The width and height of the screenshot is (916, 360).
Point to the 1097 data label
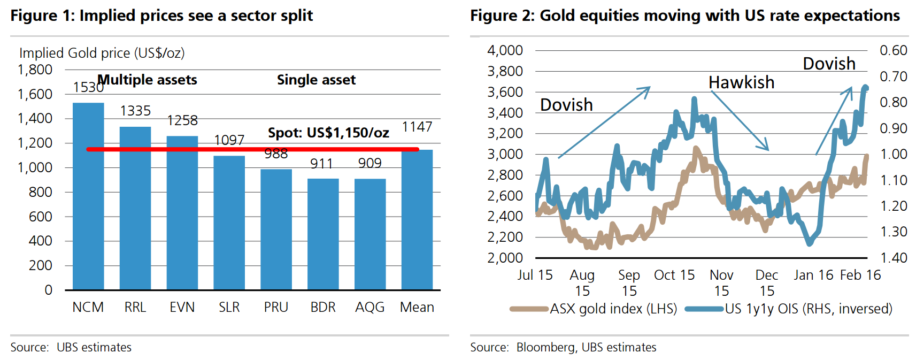pyautogui.click(x=229, y=140)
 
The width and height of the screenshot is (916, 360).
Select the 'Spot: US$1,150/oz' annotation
pyautogui.click(x=328, y=133)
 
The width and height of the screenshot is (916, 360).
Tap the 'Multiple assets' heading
pyautogui.click(x=148, y=80)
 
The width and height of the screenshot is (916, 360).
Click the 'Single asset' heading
pyautogui.click(x=316, y=80)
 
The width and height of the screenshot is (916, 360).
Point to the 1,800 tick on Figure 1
pyautogui.click(x=35, y=70)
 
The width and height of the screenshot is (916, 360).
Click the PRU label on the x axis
pyautogui.click(x=276, y=307)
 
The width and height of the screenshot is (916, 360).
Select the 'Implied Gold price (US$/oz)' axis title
pyautogui.click(x=102, y=53)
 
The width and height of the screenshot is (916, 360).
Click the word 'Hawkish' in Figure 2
pyautogui.click(x=741, y=82)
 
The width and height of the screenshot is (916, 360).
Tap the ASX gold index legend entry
pyautogui.click(x=594, y=309)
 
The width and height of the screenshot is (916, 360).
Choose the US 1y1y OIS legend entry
pyautogui.click(x=789, y=309)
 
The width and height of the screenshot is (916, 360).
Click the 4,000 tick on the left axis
pyautogui.click(x=505, y=50)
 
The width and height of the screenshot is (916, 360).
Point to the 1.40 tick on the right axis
pyautogui.click(x=894, y=258)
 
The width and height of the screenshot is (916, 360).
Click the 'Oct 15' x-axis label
pyautogui.click(x=674, y=275)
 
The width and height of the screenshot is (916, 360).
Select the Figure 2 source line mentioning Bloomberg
pyautogui.click(x=563, y=347)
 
